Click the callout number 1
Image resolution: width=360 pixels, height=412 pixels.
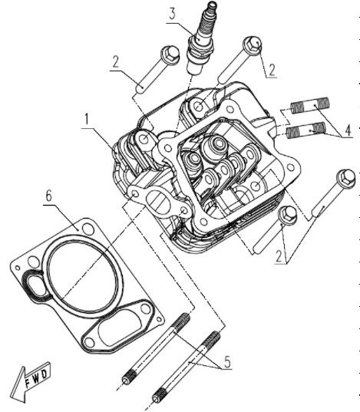coord(86,119)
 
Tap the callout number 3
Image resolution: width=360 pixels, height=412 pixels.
coord(172,14)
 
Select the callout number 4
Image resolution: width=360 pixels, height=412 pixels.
coord(348,130)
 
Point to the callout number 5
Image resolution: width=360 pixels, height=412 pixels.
coord(227,362)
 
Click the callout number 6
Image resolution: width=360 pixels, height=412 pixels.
coord(48,196)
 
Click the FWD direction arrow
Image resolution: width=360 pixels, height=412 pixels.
coord(29,382)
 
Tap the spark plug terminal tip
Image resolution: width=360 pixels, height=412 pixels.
coord(212,4)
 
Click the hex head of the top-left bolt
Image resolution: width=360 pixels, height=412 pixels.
coord(170,54)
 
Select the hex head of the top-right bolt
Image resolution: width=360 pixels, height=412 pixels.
coord(253,44)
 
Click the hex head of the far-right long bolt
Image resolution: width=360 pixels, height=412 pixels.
coord(346,179)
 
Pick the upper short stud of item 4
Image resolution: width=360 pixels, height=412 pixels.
coord(309,105)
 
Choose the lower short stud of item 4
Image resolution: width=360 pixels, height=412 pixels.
coord(306,130)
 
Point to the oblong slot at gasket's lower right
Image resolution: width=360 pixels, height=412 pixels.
coord(117,328)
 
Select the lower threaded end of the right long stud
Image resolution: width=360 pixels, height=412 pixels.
coord(160,396)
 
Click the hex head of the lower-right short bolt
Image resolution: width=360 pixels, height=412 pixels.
coord(288,215)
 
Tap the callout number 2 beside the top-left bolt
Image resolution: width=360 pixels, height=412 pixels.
coord(116,62)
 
